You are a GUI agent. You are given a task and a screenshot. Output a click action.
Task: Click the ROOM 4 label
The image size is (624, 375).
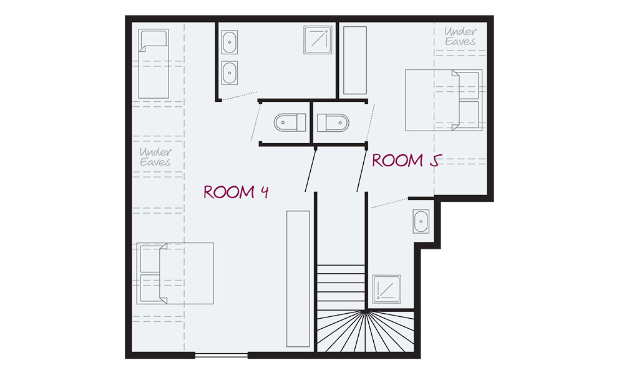point(236,192)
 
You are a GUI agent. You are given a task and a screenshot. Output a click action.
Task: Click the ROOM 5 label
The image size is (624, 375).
point(407,161)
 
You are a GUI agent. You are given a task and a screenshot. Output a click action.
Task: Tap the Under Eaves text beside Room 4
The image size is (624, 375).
point(155,157)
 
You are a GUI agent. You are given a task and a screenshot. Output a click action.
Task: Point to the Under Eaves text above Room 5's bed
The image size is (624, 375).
point(461,36)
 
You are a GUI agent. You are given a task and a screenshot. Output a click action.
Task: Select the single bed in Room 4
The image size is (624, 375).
point(154,64)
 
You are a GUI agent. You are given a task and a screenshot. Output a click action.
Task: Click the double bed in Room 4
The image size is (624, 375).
point(175,273)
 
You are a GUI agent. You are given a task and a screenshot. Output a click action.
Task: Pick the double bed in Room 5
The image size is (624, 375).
point(444,100)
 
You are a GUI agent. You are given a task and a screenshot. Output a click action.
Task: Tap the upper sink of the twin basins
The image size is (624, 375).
point(230,42)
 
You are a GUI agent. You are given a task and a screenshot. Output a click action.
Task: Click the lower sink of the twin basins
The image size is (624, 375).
point(230,72)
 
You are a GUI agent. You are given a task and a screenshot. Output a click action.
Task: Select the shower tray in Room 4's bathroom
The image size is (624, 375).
point(318,40)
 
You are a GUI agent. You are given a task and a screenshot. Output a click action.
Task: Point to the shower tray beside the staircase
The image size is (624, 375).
point(386,289)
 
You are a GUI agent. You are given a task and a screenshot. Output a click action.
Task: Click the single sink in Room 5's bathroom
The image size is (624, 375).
point(421,222)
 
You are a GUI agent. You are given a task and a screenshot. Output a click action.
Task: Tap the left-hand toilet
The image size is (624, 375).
point(290,122)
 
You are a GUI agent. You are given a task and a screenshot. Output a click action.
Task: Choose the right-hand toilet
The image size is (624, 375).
point(333,122)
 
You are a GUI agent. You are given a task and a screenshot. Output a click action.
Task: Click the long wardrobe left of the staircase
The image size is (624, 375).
point(298,279)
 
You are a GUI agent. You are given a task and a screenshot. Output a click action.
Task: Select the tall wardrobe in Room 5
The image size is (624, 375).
point(355,61)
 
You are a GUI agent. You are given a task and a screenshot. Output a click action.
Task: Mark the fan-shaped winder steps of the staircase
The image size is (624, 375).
point(365,331)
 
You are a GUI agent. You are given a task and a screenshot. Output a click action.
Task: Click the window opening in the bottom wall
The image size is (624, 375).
point(222,355)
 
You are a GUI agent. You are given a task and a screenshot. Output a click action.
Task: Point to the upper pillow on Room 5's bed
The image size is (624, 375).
point(468,85)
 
